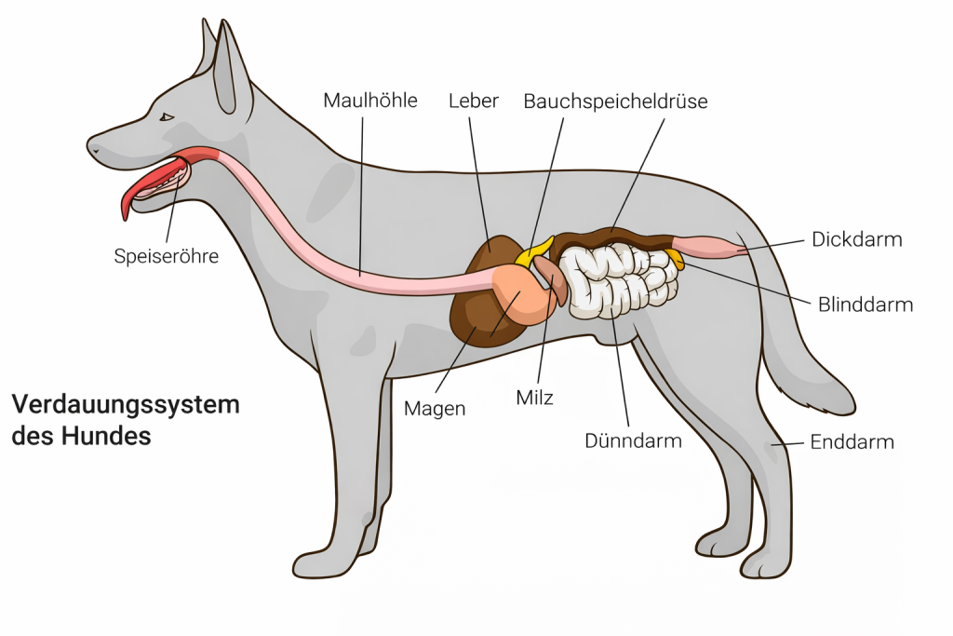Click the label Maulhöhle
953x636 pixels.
[369, 100]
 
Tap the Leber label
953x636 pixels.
[474, 100]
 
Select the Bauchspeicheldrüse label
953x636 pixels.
[615, 101]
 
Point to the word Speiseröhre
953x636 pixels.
[167, 255]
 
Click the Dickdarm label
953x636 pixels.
[856, 239]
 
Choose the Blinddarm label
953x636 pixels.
[866, 304]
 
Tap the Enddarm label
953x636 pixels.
[852, 441]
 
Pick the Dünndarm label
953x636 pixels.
[633, 440]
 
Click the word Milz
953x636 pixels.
[534, 399]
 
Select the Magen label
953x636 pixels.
[435, 409]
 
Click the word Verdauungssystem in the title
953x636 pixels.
[126, 405]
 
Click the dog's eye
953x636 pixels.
[167, 117]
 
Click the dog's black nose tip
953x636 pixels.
[91, 147]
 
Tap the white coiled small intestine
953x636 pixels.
[619, 279]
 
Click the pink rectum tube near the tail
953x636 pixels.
[712, 248]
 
